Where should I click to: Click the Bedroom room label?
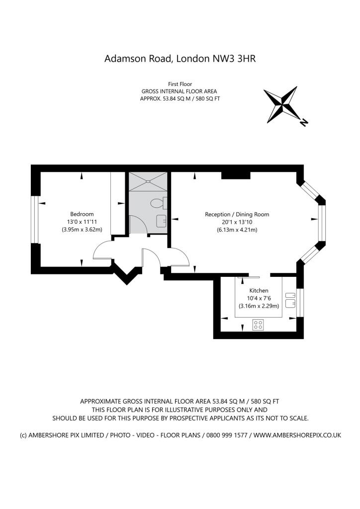click(x=82, y=214)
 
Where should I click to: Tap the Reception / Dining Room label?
click(x=237, y=214)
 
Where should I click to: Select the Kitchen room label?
click(x=259, y=290)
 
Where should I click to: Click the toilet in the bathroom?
click(x=159, y=203)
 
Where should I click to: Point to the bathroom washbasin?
click(x=161, y=221)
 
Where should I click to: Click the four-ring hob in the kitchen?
click(x=258, y=325)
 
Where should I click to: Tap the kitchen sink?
click(x=290, y=300)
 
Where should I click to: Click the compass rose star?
click(x=281, y=104)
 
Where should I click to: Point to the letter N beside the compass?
click(x=304, y=122)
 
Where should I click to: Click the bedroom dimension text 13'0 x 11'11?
click(x=82, y=222)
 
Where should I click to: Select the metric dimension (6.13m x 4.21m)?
click(x=237, y=230)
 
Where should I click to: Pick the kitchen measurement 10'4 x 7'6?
click(x=259, y=298)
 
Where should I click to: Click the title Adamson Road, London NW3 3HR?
click(x=180, y=59)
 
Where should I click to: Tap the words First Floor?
click(x=180, y=84)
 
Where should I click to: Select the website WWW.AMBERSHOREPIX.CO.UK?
click(x=297, y=435)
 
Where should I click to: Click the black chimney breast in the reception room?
click(x=236, y=175)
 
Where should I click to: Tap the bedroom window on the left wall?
click(x=36, y=219)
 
